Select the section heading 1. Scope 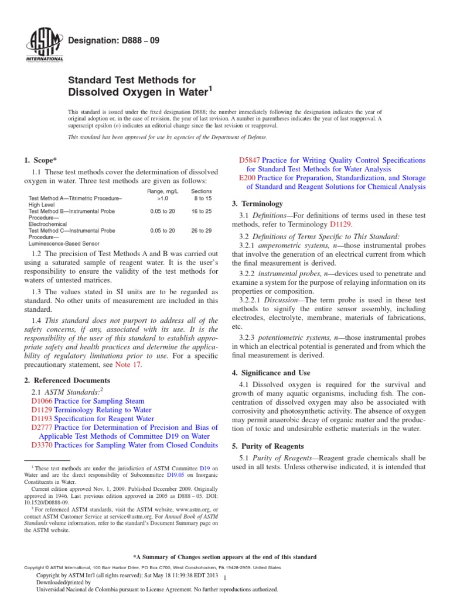pos(40,160)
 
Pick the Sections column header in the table pos(201,191)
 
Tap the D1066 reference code pos(43,402)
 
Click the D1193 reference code pos(43,419)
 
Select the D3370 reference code pos(43,445)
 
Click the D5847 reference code pos(250,160)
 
